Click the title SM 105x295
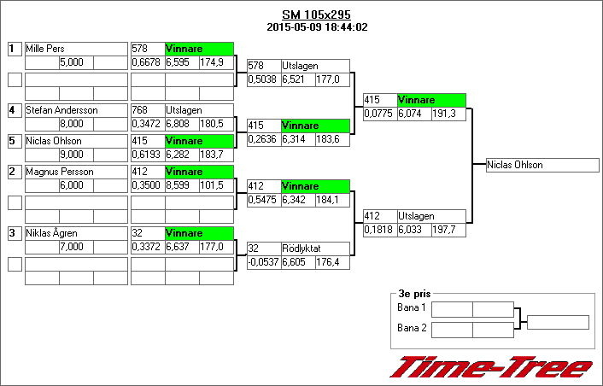click(x=316, y=15)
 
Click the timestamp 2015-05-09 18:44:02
click(x=316, y=27)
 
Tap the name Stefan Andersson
click(x=61, y=110)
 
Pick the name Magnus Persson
click(x=59, y=172)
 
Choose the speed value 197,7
click(x=448, y=230)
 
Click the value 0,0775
click(x=379, y=114)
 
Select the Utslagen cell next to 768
click(x=199, y=110)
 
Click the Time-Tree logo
click(x=490, y=367)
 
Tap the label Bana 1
click(x=412, y=307)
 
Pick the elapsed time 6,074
click(x=413, y=114)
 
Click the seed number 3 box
click(x=14, y=232)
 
